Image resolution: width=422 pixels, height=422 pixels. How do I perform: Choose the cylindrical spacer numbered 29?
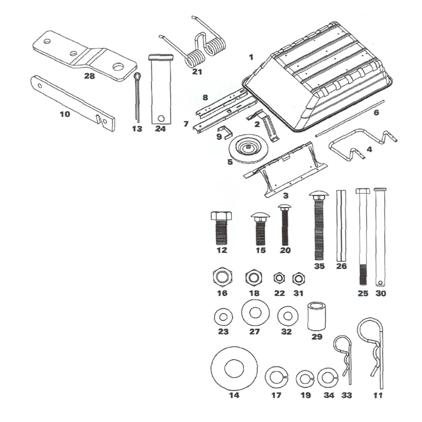point(317,315)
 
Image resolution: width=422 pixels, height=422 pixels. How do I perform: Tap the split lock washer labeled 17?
point(275,377)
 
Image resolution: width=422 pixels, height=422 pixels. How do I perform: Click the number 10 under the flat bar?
point(64,112)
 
